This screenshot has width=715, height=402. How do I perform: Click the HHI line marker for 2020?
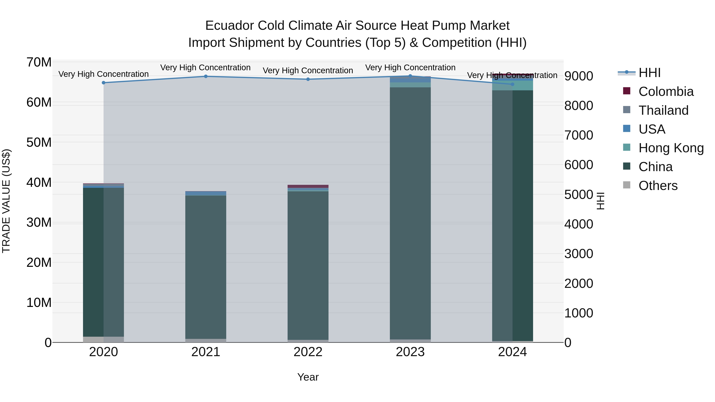(x=103, y=83)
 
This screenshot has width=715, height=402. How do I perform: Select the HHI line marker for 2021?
(x=206, y=76)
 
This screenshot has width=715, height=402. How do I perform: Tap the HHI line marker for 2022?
(x=308, y=79)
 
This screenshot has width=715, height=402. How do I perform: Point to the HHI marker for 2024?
(x=512, y=84)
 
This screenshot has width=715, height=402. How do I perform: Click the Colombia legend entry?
(x=666, y=92)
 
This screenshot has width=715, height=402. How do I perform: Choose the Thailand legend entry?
(x=663, y=110)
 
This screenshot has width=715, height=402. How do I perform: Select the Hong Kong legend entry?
(x=671, y=148)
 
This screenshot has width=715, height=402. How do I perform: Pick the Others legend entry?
(x=658, y=186)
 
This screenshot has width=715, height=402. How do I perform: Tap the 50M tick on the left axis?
(x=39, y=142)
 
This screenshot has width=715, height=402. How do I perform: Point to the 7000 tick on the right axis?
(x=579, y=135)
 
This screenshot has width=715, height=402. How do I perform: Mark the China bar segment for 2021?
(x=206, y=266)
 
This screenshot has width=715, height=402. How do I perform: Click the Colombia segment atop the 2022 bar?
(x=308, y=186)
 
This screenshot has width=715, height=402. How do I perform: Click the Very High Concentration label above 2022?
(x=308, y=70)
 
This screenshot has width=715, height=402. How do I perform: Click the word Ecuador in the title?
(x=229, y=26)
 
